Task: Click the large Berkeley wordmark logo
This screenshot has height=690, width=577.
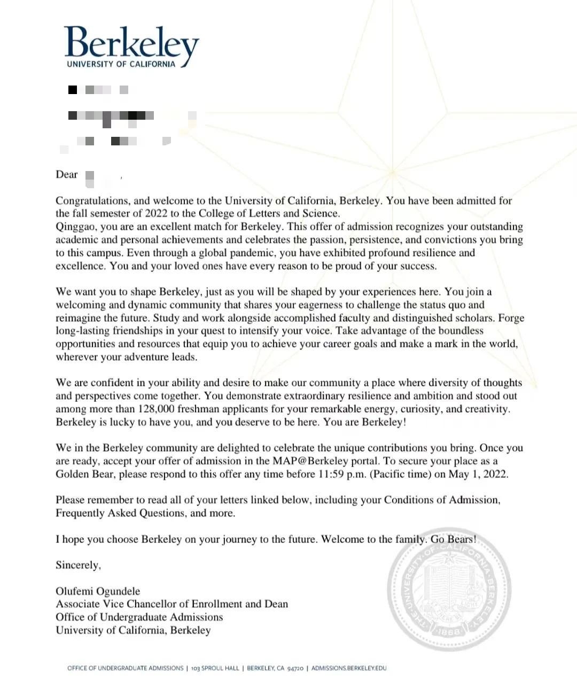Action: pyautogui.click(x=131, y=43)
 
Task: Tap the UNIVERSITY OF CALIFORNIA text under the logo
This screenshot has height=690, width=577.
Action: pyautogui.click(x=121, y=64)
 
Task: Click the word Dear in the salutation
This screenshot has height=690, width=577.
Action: pyautogui.click(x=67, y=175)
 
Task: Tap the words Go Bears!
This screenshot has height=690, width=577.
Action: pyautogui.click(x=454, y=539)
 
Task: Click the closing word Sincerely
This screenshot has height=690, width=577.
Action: pyautogui.click(x=77, y=565)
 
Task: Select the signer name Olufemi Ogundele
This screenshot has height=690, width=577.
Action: pyautogui.click(x=98, y=591)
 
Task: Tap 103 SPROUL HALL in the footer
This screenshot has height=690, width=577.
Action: pyautogui.click(x=215, y=668)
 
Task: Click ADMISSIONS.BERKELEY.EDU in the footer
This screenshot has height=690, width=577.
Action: pyautogui.click(x=349, y=668)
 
